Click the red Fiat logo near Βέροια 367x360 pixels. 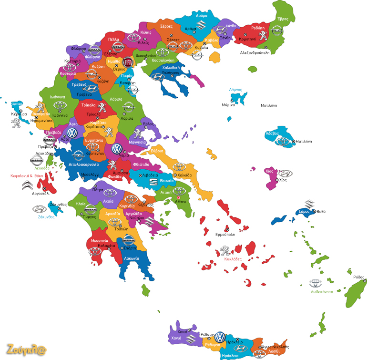pos(127,62)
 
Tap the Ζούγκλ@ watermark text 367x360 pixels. pos(26,349)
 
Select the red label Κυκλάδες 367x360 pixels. pos(233,259)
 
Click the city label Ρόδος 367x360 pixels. pos(359,277)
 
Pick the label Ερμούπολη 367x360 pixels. pos(227,234)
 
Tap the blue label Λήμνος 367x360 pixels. pos(235,89)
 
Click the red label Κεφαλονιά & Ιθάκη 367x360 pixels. pos(27,175)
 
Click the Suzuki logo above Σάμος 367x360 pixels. pos(309,204)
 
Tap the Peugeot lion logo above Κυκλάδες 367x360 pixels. pos(226,250)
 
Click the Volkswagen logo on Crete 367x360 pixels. pos(219,337)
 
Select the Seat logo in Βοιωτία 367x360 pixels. pos(154,182)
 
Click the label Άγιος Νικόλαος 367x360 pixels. pos(274,347)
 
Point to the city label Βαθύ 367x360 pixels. pos(321,211)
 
